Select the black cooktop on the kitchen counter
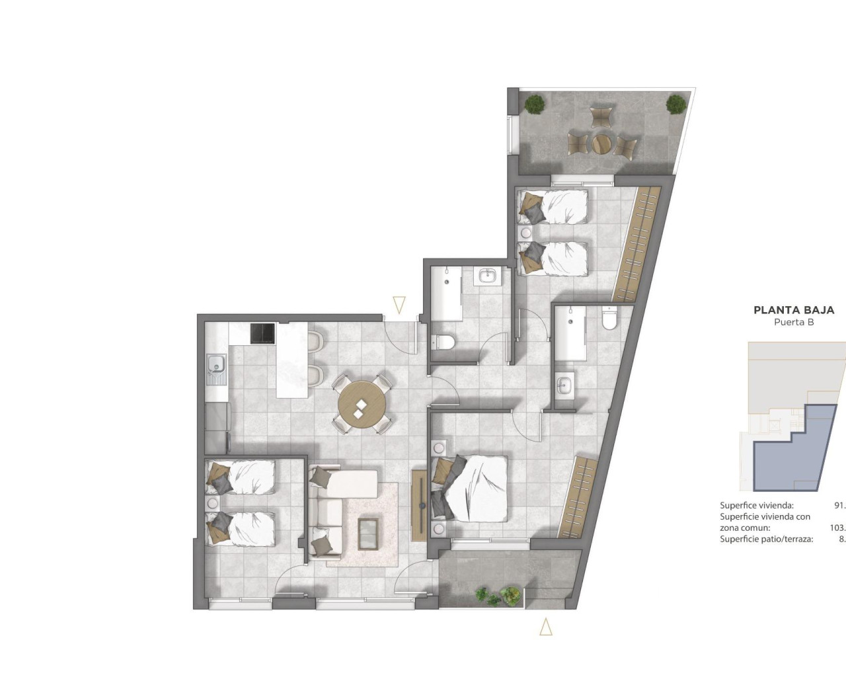263,333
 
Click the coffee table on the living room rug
368,533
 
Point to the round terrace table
602,143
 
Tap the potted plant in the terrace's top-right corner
675,103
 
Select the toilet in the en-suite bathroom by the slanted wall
609,319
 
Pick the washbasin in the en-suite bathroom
564,385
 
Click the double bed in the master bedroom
473,488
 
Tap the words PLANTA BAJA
794,310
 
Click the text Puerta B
794,323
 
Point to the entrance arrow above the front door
399,305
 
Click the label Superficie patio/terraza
766,539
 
